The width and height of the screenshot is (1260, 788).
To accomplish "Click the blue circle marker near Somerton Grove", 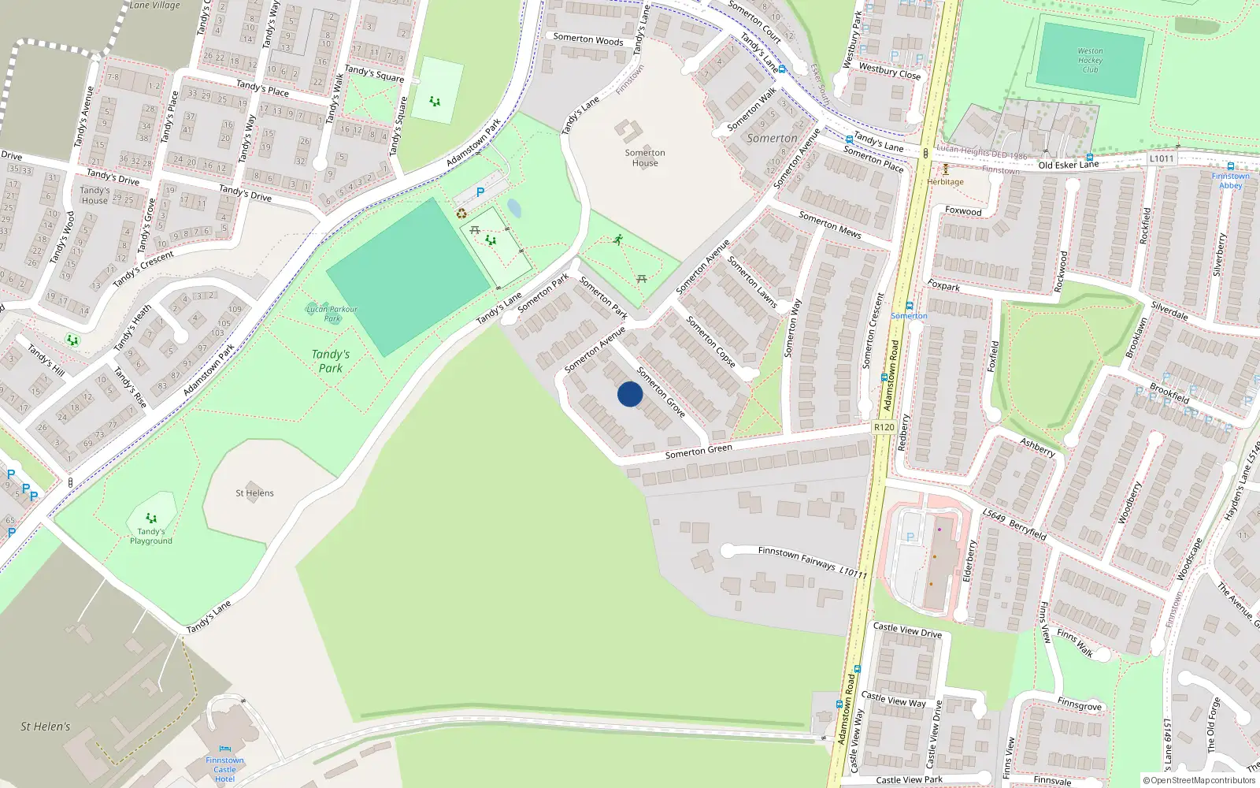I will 630,394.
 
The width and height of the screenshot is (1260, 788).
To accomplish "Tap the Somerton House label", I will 645,158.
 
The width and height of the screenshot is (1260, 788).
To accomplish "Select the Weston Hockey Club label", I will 1090,60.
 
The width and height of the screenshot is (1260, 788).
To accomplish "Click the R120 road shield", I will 884,427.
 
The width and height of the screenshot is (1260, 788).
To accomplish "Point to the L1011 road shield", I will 1161,158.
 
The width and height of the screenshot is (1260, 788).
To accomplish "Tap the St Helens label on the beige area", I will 254,493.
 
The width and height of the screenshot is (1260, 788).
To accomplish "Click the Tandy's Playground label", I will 151,536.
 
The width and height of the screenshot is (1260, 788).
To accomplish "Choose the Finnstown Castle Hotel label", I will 224,769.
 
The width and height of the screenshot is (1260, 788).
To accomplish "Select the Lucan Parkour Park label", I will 332,314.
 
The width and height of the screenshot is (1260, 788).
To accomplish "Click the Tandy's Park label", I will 331,361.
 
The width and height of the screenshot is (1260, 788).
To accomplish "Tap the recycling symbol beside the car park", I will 461,214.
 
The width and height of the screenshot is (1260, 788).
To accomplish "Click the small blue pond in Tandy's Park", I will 513,208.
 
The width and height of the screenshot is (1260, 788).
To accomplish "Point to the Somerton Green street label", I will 699,451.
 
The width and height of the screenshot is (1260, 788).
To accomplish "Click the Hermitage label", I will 945,182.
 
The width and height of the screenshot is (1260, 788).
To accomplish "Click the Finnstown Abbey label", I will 1230,180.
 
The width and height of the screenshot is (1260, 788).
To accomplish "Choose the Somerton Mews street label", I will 830,225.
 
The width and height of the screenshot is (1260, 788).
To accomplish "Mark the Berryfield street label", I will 1027,529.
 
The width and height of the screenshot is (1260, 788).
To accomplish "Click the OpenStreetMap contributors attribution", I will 1199,780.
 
